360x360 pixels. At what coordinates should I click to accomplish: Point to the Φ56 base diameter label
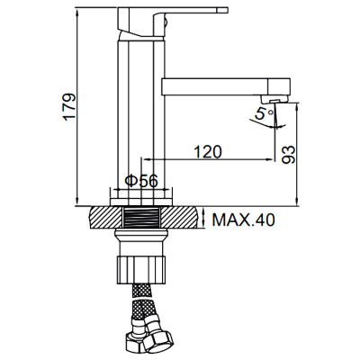point(141,181)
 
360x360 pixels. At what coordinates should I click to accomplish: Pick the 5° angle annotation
point(261,114)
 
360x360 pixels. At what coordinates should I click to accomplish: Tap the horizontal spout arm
point(216,88)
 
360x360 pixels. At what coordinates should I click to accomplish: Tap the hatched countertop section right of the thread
point(184,219)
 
